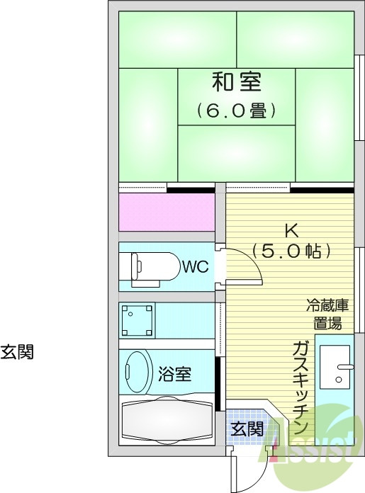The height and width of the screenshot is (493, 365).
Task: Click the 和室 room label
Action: tap(236, 82)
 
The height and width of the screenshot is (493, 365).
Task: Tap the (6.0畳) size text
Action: tap(236, 110)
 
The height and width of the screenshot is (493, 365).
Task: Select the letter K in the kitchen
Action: tap(291, 230)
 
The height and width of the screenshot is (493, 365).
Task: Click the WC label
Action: tap(195, 267)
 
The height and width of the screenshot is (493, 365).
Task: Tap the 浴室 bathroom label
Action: tap(174, 374)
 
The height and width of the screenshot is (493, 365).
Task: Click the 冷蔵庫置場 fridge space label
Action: tap(327, 314)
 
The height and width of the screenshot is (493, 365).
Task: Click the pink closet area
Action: tap(167, 212)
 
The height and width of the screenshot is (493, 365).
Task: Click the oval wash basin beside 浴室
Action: tap(139, 370)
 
